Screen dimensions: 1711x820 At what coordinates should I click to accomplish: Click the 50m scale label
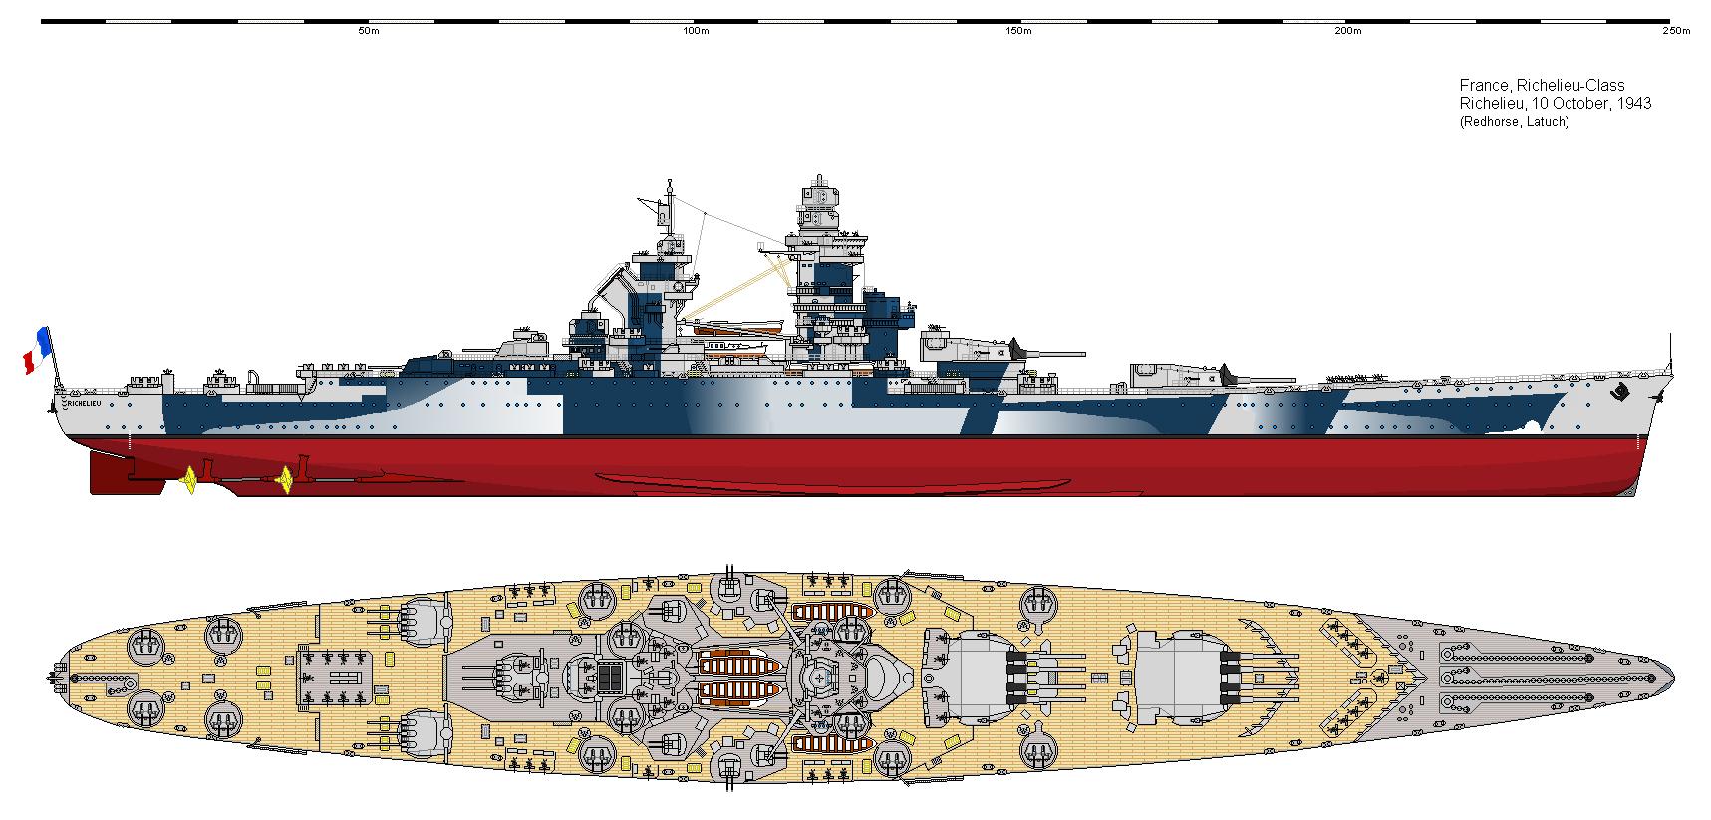click(x=368, y=31)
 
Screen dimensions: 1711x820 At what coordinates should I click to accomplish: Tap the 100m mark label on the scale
click(x=696, y=31)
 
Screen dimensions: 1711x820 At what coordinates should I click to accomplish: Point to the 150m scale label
click(x=1018, y=31)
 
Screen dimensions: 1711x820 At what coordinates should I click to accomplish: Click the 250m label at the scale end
click(x=1677, y=31)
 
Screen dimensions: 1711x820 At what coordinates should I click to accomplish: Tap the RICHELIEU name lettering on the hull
click(x=86, y=404)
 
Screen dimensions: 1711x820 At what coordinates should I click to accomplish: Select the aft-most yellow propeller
click(x=189, y=480)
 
